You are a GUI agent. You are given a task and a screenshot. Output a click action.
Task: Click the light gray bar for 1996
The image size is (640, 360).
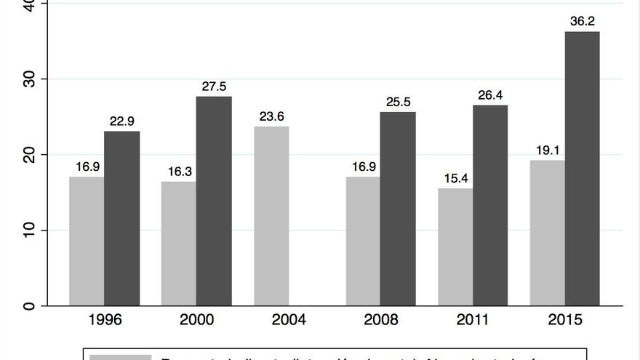tap(87, 241)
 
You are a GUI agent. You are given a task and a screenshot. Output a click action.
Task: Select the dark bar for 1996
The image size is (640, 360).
tap(121, 218)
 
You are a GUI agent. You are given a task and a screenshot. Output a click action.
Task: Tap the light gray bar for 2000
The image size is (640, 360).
tap(178, 243)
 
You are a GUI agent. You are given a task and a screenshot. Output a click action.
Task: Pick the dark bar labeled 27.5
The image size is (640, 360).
tap(214, 201)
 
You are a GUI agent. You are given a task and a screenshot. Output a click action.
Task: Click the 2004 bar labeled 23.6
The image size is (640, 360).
tap(271, 216)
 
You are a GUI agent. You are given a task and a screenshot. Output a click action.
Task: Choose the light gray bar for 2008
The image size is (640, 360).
tap(363, 241)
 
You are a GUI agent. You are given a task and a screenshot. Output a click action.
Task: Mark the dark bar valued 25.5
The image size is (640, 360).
tap(398, 209)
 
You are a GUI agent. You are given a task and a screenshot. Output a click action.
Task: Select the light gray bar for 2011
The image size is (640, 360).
tap(455, 247)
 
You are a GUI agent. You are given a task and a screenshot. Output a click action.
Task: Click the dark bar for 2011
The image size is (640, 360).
tap(490, 205)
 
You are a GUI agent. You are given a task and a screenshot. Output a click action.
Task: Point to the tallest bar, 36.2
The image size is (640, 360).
tap(583, 168)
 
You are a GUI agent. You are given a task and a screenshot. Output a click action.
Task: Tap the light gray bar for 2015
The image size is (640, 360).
tap(548, 233)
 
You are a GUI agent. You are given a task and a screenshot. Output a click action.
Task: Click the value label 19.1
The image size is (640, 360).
tap(548, 151)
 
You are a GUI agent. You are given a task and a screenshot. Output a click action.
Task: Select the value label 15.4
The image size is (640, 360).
tap(455, 179)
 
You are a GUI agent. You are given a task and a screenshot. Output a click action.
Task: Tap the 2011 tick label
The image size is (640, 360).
tap(473, 320)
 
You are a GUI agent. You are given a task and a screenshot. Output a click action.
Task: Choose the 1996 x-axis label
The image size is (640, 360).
tap(105, 320)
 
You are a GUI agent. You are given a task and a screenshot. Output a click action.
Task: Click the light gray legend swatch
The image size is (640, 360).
tap(120, 357)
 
